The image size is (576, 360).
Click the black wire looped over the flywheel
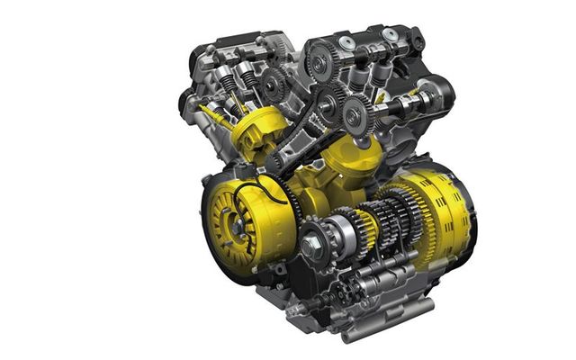click(x=270, y=189)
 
